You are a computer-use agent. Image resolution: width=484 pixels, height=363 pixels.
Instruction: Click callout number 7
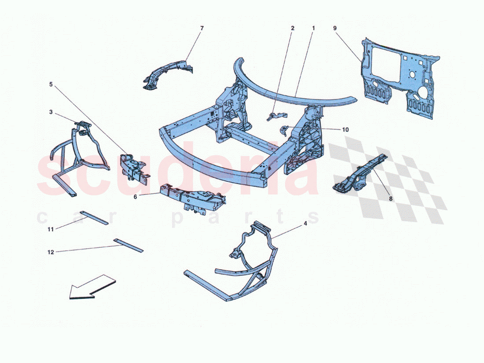pyautogui.click(x=202, y=29)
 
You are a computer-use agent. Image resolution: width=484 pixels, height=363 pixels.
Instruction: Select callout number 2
pyautogui.click(x=292, y=29)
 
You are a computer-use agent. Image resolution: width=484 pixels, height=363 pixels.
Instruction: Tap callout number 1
pyautogui.click(x=314, y=29)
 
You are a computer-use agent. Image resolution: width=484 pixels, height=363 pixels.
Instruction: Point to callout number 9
pyautogui.click(x=335, y=29)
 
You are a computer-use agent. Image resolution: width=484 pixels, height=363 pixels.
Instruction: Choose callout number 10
pyautogui.click(x=345, y=130)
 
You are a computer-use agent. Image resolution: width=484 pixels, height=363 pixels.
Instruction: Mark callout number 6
pyautogui.click(x=136, y=197)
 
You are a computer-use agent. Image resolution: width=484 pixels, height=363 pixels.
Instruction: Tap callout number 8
pyautogui.click(x=391, y=198)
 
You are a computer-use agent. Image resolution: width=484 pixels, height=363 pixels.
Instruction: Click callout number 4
pyautogui.click(x=305, y=223)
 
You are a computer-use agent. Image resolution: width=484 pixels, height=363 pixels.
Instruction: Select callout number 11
pyautogui.click(x=51, y=229)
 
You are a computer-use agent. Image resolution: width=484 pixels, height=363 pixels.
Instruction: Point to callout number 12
pyautogui.click(x=51, y=252)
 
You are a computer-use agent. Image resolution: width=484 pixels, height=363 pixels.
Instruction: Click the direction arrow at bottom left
pyautogui.click(x=90, y=288)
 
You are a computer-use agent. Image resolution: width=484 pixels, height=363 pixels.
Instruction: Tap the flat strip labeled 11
pyautogui.click(x=96, y=218)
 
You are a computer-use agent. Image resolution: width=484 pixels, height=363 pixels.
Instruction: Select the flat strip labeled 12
pyautogui.click(x=128, y=246)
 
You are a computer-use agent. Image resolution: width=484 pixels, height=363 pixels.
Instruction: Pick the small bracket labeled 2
pyautogui.click(x=276, y=116)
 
